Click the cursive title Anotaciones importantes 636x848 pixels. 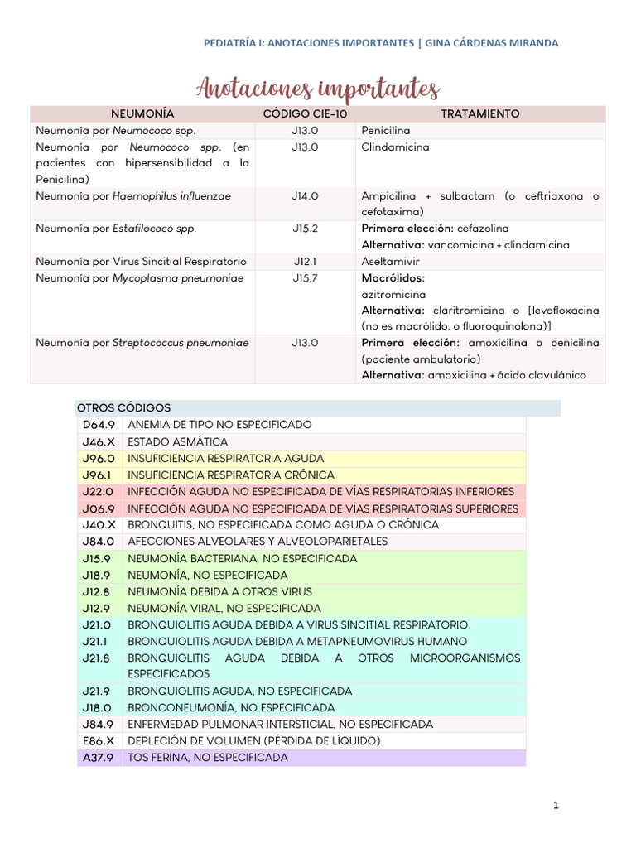coord(318,88)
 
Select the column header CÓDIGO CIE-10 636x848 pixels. coord(304,113)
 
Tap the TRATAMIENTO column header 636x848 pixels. coord(480,113)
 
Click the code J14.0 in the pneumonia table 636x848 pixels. coord(305,196)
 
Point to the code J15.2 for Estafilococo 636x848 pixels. coord(305,229)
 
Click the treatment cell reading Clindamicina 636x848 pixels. coord(395,147)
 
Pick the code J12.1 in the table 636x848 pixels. coord(305,262)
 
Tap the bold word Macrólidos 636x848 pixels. coord(393,278)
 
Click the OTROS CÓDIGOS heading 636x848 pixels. coord(123,408)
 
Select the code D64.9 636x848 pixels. coord(99,425)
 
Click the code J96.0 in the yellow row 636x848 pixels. coord(99,458)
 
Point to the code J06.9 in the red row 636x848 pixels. coord(99,508)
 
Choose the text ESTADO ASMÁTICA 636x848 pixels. coord(177,442)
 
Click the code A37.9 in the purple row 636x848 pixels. coord(99,758)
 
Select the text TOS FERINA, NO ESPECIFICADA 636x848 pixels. coord(208,758)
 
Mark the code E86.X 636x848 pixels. coord(99,741)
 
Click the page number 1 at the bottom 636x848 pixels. coord(556,805)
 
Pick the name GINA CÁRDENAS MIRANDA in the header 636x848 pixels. coord(491,42)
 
